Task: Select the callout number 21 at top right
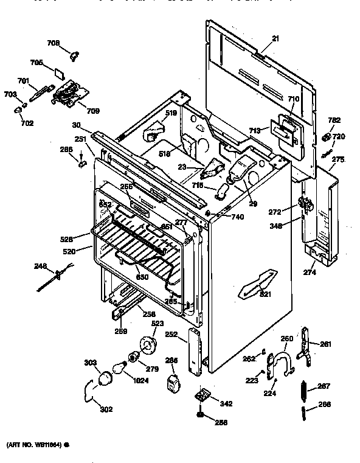click(275, 38)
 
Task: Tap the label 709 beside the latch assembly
click(93, 111)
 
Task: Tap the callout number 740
click(221, 218)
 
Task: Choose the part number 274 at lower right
click(311, 273)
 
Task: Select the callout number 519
click(171, 113)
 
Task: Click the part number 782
click(334, 120)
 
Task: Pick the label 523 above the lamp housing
click(157, 323)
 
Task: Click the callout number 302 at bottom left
click(106, 409)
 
